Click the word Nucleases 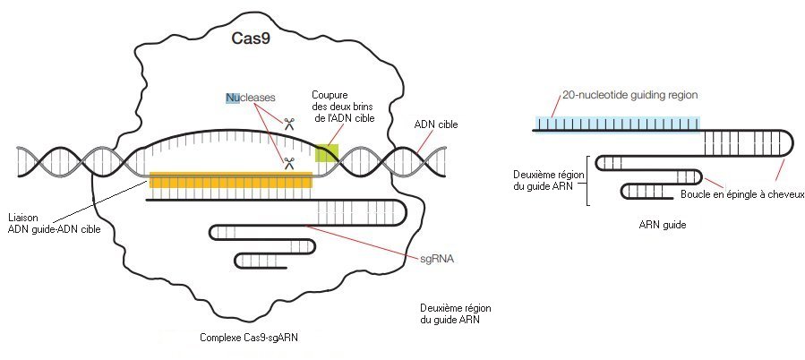pos(251,97)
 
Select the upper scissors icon pos(289,124)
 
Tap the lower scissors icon pos(289,163)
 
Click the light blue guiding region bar pos(618,123)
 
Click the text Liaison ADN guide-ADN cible pos(56,222)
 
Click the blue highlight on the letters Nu pos(232,97)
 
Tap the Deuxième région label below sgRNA pos(455,313)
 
